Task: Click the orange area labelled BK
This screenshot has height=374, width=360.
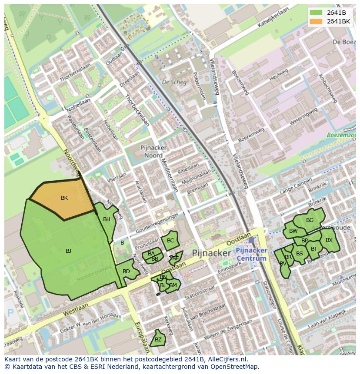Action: (64, 198)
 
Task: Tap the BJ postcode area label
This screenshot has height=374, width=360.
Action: (68, 251)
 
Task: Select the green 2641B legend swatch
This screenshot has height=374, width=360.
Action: (316, 13)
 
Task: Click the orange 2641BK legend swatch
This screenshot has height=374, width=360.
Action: (316, 21)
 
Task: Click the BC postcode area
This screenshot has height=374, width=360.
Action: (170, 241)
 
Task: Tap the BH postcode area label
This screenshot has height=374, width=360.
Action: (107, 219)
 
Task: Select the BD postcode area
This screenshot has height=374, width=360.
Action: (126, 272)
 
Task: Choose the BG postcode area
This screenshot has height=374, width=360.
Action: (310, 220)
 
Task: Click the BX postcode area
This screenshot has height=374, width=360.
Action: (329, 240)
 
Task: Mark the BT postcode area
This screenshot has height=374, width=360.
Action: (314, 249)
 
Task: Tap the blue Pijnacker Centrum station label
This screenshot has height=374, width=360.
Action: (251, 255)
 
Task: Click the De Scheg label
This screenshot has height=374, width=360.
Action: (174, 82)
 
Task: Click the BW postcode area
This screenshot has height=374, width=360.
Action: (293, 231)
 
